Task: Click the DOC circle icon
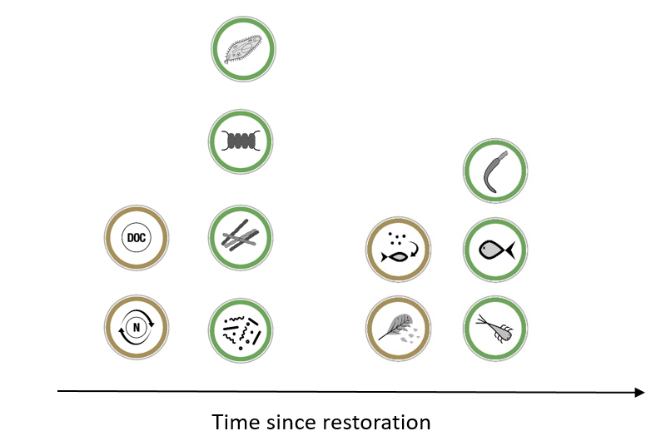tap(137, 237)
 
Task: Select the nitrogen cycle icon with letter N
tap(137, 327)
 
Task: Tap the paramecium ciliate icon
tap(243, 49)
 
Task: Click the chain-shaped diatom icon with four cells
tap(241, 141)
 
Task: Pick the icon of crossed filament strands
tap(241, 237)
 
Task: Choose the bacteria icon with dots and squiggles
tap(241, 330)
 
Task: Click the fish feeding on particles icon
tap(398, 249)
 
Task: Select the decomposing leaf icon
tap(398, 329)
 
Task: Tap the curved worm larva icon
tap(495, 171)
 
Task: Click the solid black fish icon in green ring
tap(495, 250)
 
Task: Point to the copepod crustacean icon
tap(495, 329)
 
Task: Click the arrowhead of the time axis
tap(639, 392)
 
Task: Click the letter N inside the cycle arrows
tap(137, 327)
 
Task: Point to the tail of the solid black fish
tap(510, 250)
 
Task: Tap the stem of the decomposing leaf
tap(383, 336)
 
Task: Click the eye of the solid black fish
tap(485, 247)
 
